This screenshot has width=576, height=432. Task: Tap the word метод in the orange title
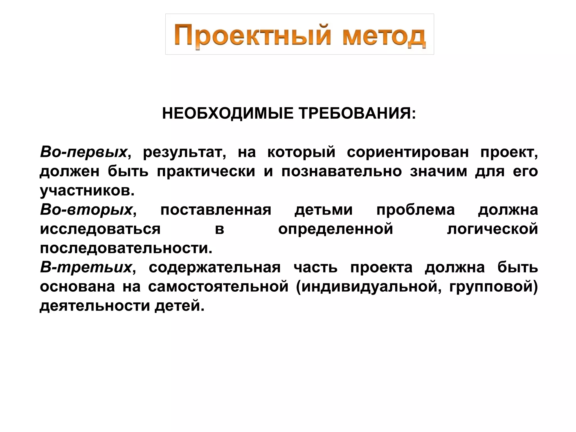(x=384, y=37)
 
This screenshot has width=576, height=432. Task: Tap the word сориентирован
(x=408, y=152)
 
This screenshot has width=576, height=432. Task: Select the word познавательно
(x=341, y=171)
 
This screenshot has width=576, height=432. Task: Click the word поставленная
(x=216, y=210)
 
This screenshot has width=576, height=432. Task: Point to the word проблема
(x=415, y=210)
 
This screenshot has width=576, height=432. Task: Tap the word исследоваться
(x=100, y=229)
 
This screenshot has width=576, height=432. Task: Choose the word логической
(x=492, y=229)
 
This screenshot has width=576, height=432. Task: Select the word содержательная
(x=215, y=267)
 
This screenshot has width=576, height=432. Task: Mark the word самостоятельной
(x=218, y=287)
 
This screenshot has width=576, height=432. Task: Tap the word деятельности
(x=95, y=306)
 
